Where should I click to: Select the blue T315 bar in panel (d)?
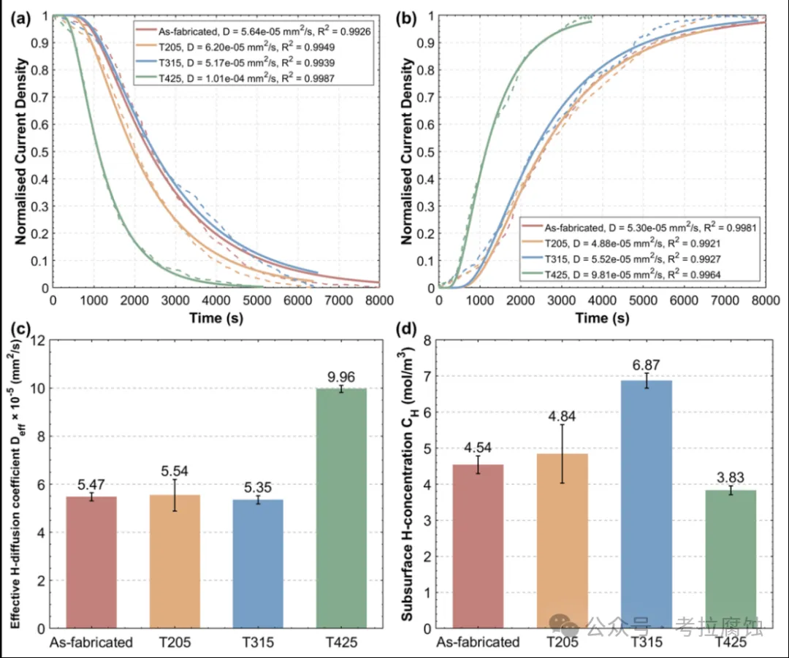647,504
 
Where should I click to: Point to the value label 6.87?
647,363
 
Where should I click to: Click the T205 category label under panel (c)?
175,643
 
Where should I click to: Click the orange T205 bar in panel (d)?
563,540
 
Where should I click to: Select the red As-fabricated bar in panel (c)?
91,562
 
